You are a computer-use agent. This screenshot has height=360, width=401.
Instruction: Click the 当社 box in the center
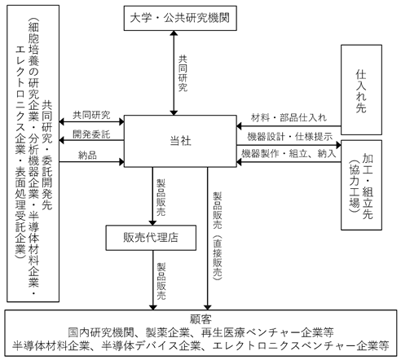coord(180,141)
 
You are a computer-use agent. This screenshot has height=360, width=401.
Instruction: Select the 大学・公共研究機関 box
coord(180,18)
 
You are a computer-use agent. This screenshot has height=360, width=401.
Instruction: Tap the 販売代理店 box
coord(151,238)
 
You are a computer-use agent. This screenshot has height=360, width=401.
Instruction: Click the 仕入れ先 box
coord(361,90)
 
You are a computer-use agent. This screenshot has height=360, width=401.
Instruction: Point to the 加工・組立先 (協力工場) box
coord(361,185)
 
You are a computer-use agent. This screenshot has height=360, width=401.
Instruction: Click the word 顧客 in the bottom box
coord(200,319)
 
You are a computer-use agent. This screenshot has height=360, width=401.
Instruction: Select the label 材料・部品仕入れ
coord(289,117)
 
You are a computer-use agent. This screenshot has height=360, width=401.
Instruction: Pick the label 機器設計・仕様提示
coord(289,136)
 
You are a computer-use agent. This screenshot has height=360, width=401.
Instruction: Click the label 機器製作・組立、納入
coord(289,154)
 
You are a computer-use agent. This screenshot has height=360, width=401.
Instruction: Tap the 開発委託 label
coord(91,134)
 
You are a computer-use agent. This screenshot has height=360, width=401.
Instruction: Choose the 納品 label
coord(87,156)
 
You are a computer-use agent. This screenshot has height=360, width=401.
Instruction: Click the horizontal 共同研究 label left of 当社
coord(91,115)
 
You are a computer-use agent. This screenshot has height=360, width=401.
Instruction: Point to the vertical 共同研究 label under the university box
coord(183,73)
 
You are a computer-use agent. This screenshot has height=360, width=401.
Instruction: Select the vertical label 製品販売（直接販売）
coord(217,235)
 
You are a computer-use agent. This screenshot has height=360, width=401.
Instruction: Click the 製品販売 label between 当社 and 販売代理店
coord(161,197)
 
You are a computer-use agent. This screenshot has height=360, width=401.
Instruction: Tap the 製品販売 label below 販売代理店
coord(161,281)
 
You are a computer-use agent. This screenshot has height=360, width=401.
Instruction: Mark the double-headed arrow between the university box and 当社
coord(174,72)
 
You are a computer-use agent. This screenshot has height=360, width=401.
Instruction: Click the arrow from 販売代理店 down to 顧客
coord(153,280)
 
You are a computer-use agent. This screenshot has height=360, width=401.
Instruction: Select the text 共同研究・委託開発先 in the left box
coord(46,155)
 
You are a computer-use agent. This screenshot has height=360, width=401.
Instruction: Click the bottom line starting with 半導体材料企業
coord(200,345)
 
